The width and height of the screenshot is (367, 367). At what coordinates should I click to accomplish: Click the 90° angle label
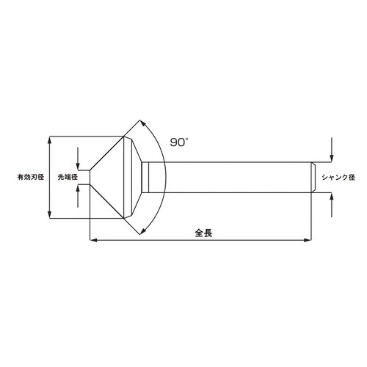coord(179,142)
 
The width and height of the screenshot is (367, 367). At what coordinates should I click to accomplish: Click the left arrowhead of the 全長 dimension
coord(92,239)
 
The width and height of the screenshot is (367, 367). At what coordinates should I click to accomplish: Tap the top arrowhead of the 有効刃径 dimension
coord(49,139)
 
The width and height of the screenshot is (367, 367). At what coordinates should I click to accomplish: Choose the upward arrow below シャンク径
coord(332,196)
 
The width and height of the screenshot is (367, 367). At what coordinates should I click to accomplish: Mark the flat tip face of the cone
coord(90,177)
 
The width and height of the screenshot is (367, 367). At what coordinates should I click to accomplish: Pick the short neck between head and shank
coord(145,177)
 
